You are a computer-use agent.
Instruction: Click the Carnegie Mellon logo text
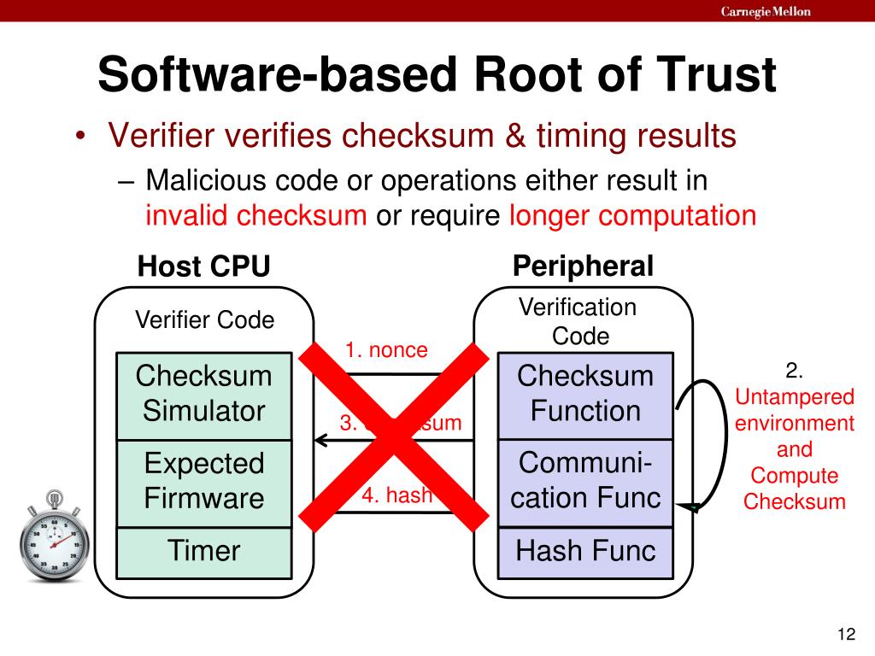pyautogui.click(x=766, y=11)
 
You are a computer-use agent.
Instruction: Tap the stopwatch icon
pyautogui.click(x=53, y=536)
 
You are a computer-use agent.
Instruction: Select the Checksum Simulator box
pyautogui.click(x=204, y=394)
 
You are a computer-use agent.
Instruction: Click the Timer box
pyautogui.click(x=204, y=551)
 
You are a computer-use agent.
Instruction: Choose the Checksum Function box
pyautogui.click(x=585, y=394)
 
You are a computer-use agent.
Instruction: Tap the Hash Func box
pyautogui.click(x=585, y=551)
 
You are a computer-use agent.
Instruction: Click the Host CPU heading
pyautogui.click(x=204, y=267)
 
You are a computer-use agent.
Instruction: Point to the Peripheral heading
pyautogui.click(x=583, y=266)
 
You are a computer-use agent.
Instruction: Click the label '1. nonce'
pyautogui.click(x=386, y=350)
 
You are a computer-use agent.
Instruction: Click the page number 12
pyautogui.click(x=846, y=634)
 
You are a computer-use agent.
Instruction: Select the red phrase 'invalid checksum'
pyautogui.click(x=256, y=215)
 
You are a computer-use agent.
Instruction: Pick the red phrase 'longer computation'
pyautogui.click(x=633, y=215)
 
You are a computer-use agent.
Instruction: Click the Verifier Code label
pyautogui.click(x=205, y=320)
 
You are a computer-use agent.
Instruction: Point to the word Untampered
pyautogui.click(x=795, y=396)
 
